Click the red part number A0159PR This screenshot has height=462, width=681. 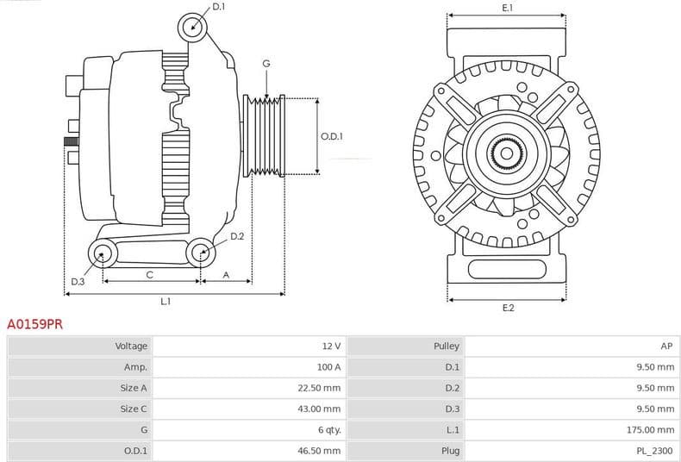(34, 325)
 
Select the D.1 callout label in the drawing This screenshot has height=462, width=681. (218, 7)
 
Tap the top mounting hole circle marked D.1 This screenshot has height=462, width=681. (193, 27)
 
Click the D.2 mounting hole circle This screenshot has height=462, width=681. (201, 253)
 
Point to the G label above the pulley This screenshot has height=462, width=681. (266, 64)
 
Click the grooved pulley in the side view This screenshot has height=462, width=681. (264, 136)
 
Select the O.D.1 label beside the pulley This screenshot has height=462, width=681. (332, 136)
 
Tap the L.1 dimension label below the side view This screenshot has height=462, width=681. (166, 302)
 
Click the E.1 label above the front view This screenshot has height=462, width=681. (508, 8)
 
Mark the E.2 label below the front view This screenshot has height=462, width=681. (508, 308)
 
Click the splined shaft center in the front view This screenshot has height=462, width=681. (507, 155)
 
